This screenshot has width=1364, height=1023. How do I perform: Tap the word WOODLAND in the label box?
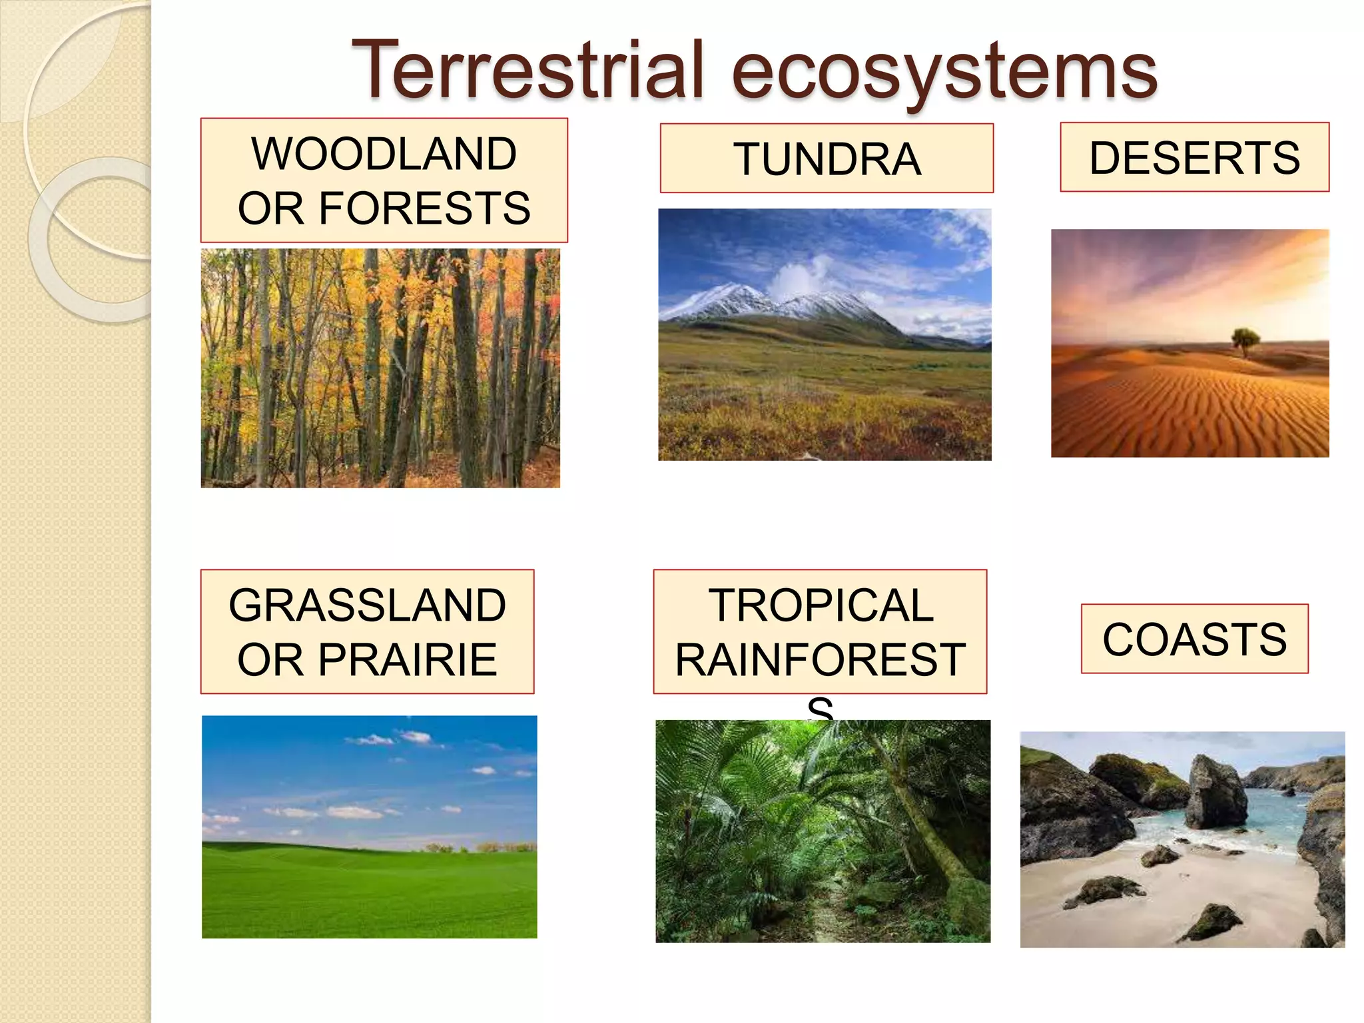tap(384, 154)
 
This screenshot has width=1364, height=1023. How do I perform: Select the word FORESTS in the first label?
tap(424, 208)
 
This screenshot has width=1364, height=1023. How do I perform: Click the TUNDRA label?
tap(827, 159)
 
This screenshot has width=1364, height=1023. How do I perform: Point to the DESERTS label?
tap(1194, 158)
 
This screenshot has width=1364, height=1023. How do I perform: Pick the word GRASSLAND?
tap(367, 605)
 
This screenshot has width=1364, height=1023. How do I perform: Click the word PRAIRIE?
tap(407, 660)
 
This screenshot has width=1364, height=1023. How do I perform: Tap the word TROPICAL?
tap(821, 605)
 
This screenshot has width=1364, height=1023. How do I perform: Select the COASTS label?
tap(1194, 639)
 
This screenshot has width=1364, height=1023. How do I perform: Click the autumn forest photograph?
tap(380, 368)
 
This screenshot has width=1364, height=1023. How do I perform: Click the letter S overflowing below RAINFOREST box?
tap(820, 707)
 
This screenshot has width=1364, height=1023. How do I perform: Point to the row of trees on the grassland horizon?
tap(480, 848)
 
